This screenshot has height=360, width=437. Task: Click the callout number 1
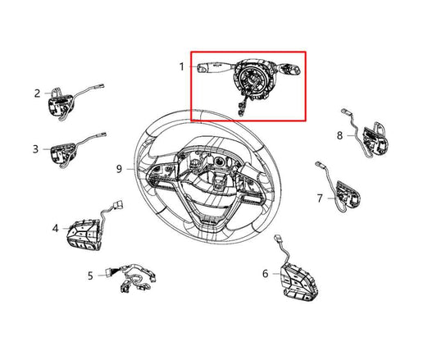[x=182, y=65]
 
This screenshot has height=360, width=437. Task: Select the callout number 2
[x=37, y=93]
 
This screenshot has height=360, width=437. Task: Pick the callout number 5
[x=90, y=276]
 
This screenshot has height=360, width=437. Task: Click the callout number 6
[x=265, y=272]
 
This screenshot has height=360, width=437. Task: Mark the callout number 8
[x=340, y=134]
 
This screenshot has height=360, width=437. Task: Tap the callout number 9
[x=120, y=169]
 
